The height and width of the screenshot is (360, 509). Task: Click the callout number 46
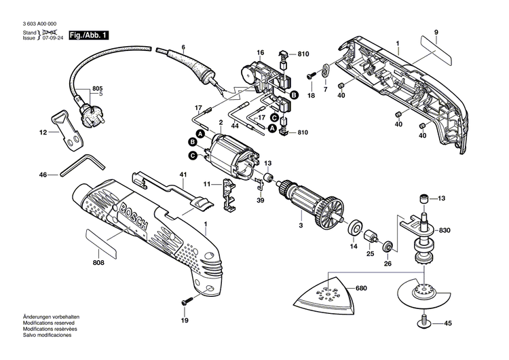[x=43, y=175]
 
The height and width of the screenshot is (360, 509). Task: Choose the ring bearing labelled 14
[x=354, y=227]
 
